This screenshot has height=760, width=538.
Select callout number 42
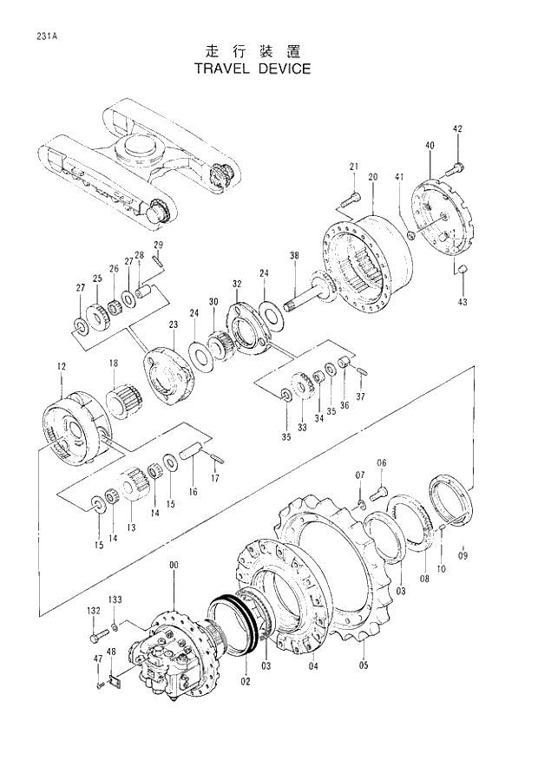pos(457,129)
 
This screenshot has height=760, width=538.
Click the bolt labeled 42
pos(457,165)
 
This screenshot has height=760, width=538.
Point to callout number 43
pos(462,302)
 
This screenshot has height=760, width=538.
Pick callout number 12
pos(61,367)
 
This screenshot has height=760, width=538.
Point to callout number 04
pos(313,666)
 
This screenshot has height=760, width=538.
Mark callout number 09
pos(463,554)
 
